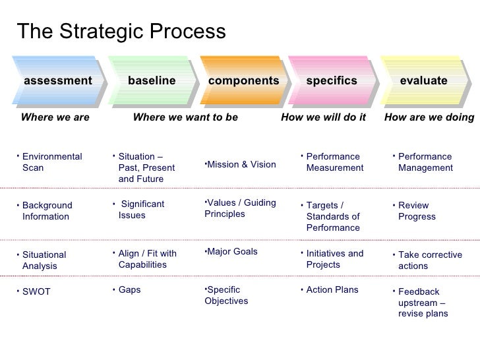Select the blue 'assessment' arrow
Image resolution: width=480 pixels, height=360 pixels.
[x=58, y=81]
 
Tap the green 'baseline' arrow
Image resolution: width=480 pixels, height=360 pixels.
[x=152, y=81]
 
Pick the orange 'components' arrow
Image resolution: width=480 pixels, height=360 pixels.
[x=243, y=81]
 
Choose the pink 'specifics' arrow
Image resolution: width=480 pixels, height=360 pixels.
[x=332, y=81]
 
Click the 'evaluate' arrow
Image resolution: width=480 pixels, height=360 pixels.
[x=423, y=81]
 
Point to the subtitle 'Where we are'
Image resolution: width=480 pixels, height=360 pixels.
[x=55, y=117]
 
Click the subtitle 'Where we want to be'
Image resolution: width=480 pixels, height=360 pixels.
[x=185, y=117]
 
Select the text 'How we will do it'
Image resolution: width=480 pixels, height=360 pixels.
[x=323, y=117]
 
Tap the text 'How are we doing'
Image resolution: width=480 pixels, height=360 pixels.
[x=429, y=117]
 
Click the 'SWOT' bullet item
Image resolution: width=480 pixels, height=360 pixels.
[x=36, y=291]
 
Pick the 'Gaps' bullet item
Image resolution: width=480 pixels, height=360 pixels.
[x=129, y=289]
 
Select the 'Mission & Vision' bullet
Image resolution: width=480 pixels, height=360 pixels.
[x=241, y=164]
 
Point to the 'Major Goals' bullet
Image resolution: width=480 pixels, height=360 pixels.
[x=231, y=252]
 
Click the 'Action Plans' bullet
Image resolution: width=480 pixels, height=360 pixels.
[x=332, y=289]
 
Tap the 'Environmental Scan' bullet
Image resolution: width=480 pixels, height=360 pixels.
[x=51, y=162]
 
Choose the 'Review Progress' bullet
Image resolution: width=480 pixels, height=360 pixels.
[x=417, y=211]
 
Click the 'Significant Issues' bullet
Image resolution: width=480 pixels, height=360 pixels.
[x=141, y=210]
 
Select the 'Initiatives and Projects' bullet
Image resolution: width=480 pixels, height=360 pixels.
[x=334, y=259]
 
